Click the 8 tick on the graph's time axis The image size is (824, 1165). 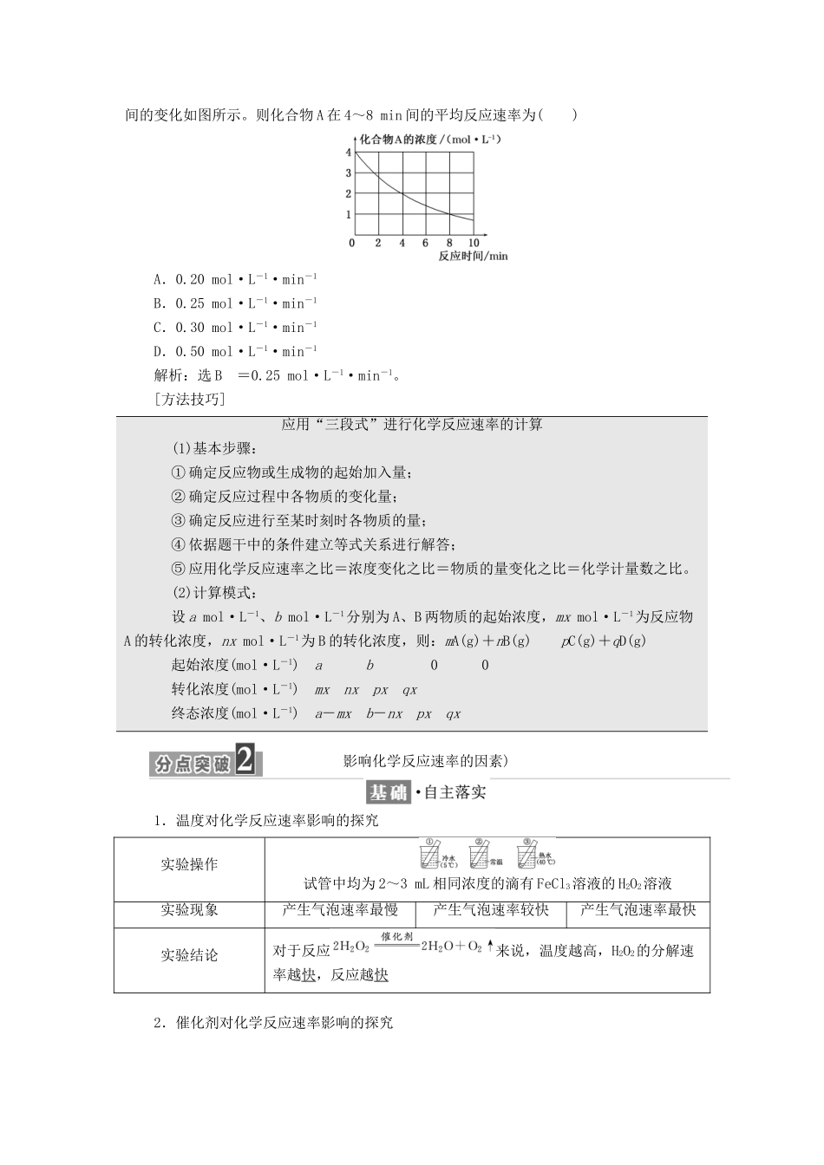pos(449,244)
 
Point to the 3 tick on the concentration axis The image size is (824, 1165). pos(349,173)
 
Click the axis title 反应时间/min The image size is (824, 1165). pos(473,257)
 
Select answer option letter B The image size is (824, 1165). pos(159,303)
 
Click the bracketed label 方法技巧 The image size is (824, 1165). pos(187,400)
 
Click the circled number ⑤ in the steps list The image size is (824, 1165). pos(179,569)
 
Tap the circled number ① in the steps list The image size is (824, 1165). pos(179,472)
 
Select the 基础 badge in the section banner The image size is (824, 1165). pos(388,793)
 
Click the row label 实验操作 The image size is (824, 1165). pos(189,864)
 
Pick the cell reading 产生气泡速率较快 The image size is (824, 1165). pos(491,909)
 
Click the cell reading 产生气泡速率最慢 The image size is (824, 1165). pos(340,909)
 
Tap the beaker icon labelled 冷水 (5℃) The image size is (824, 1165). pos(431,854)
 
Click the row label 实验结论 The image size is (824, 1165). pos(189,955)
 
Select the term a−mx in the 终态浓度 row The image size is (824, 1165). pos(333,714)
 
